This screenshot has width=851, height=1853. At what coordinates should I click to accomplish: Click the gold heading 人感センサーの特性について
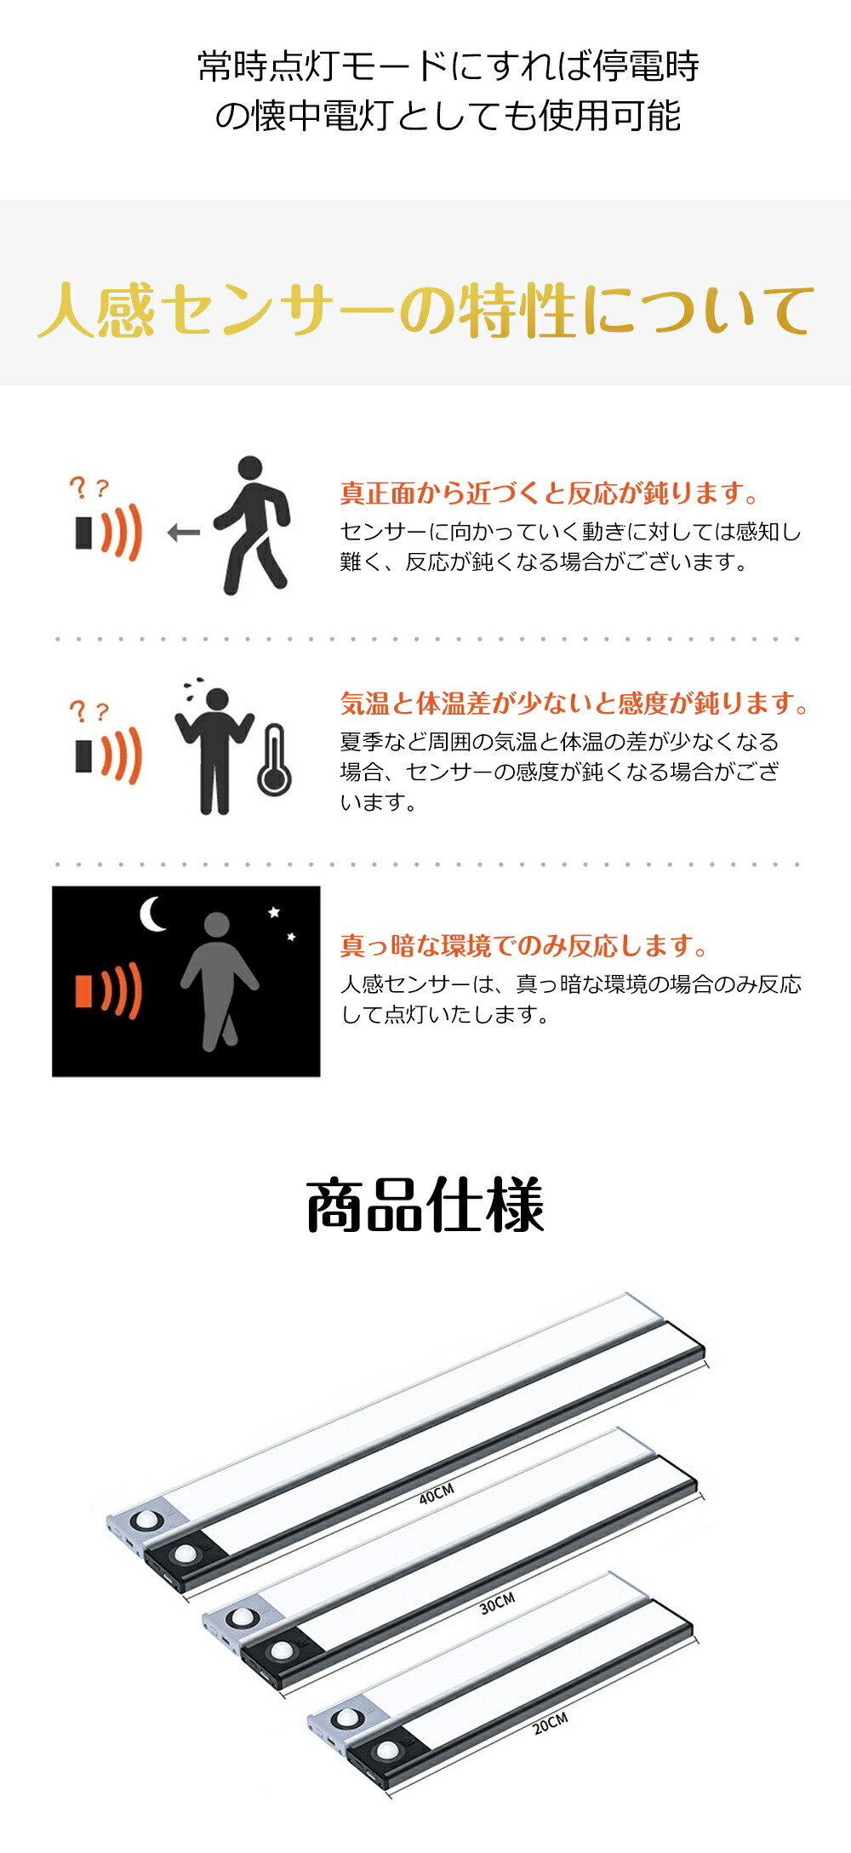click(x=425, y=311)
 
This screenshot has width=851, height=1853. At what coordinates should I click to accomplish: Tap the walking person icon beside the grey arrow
click(x=252, y=525)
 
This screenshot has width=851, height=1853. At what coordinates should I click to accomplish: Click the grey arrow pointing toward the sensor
click(x=184, y=533)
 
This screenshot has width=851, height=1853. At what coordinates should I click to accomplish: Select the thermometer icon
click(x=274, y=760)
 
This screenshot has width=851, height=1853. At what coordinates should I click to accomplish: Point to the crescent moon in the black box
click(x=151, y=915)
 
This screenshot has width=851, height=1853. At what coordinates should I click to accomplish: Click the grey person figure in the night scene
click(x=219, y=981)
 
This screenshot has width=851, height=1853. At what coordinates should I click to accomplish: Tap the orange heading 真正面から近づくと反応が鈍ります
click(x=549, y=493)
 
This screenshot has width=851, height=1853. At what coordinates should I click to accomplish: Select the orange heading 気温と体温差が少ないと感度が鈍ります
click(x=574, y=704)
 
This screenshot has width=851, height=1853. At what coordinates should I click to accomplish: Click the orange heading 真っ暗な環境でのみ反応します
click(x=524, y=945)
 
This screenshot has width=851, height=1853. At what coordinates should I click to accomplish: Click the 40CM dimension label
click(x=437, y=1493)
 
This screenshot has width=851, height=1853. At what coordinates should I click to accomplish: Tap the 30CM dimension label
click(x=497, y=1604)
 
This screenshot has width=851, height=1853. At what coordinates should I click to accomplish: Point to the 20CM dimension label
click(x=550, y=1724)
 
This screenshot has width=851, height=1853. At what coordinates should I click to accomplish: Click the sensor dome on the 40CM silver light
click(x=146, y=1521)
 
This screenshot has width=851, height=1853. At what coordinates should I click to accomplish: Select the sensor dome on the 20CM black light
click(x=387, y=1750)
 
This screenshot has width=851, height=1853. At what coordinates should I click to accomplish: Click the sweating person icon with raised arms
click(x=214, y=749)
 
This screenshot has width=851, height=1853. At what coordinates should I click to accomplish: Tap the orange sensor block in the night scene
click(x=83, y=990)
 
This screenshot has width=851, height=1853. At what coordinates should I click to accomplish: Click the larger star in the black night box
click(x=274, y=912)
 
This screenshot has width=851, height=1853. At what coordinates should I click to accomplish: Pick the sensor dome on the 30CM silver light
click(x=243, y=1616)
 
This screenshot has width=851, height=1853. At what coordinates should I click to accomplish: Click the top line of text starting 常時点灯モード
click(x=448, y=66)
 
